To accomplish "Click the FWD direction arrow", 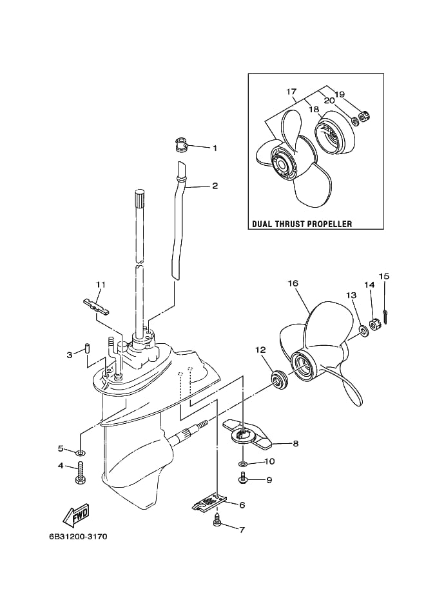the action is pos(76,515).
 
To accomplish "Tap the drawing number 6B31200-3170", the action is pos(78,536).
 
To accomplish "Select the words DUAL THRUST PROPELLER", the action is pos(302,225).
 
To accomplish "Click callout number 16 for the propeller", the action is pos(293,283).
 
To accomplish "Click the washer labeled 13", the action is pos(363,331).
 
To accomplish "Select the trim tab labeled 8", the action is pos(246,435).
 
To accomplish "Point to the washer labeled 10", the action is pos(242,461).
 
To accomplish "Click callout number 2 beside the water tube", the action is pos(215,186).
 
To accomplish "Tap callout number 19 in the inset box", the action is pos(339,94).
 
